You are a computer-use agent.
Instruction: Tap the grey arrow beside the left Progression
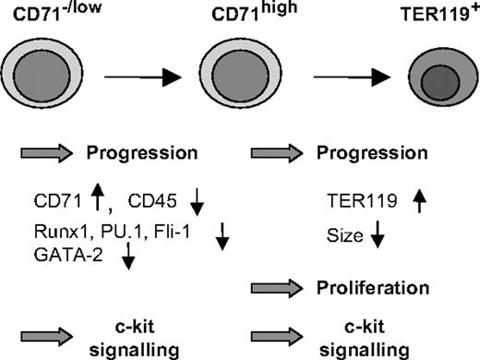(x=49, y=153)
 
